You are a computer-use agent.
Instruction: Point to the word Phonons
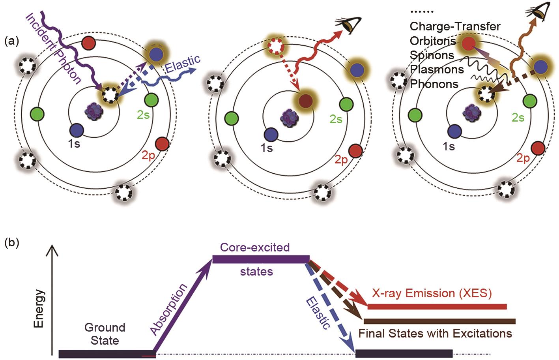434,84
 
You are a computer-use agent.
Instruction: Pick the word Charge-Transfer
455,26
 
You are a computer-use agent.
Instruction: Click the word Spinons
432,55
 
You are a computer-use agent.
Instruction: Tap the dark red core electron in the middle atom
304,100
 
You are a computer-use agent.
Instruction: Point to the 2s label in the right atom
518,117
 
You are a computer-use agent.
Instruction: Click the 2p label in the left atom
148,156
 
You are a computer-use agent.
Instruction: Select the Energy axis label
39,309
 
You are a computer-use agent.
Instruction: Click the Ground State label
105,334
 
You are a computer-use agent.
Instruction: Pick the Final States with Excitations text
435,334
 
